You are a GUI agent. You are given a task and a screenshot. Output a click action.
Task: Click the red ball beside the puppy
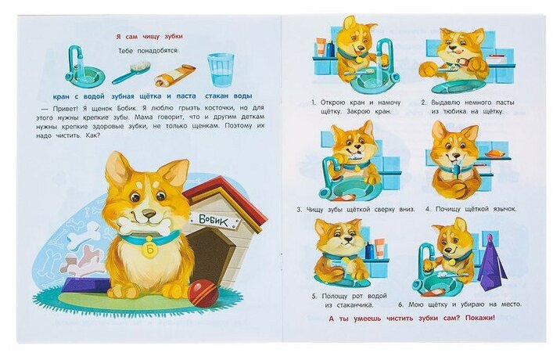pyautogui.click(x=203, y=293)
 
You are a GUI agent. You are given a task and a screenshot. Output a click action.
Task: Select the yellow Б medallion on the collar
pyautogui.click(x=149, y=249)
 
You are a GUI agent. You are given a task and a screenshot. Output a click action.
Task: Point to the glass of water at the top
pyautogui.click(x=221, y=70)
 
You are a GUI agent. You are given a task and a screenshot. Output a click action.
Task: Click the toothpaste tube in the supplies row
pyautogui.click(x=175, y=76)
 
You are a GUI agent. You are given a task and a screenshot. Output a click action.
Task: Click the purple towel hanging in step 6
pyautogui.click(x=492, y=259)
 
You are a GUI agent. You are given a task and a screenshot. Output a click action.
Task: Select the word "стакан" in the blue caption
pyautogui.click(x=217, y=96)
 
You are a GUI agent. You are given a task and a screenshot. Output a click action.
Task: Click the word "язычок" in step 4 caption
pyautogui.click(x=504, y=209)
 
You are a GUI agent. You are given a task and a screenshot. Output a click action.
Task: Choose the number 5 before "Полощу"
pyautogui.click(x=314, y=297)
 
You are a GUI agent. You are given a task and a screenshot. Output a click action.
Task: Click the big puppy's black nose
pyautogui.click(x=149, y=213)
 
